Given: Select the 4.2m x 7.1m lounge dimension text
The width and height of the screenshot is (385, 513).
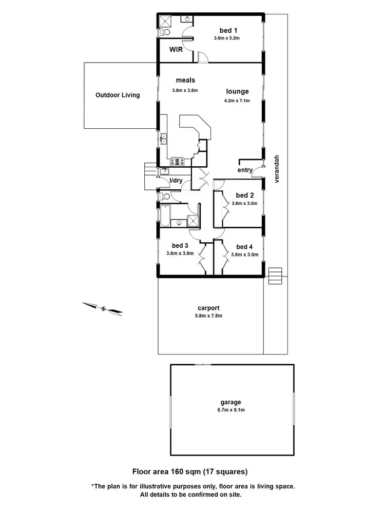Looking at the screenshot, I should click(237, 101).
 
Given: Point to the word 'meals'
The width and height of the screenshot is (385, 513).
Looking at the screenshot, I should click(185, 80).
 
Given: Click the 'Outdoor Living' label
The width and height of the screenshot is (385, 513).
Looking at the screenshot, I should click(118, 95).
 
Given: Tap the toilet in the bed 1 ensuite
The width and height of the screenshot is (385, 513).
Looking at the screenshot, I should click(164, 32).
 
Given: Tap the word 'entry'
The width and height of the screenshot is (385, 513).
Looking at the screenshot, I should click(244, 170).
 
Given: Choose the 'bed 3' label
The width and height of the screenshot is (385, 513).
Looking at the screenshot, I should click(180, 245).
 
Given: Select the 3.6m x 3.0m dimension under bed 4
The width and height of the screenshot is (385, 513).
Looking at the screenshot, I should click(244, 254).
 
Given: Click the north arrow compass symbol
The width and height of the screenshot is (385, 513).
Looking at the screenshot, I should click(103, 308).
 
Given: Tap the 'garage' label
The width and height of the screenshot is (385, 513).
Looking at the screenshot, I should click(232, 403).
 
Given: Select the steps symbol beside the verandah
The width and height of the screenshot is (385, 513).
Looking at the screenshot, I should click(276, 275).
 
